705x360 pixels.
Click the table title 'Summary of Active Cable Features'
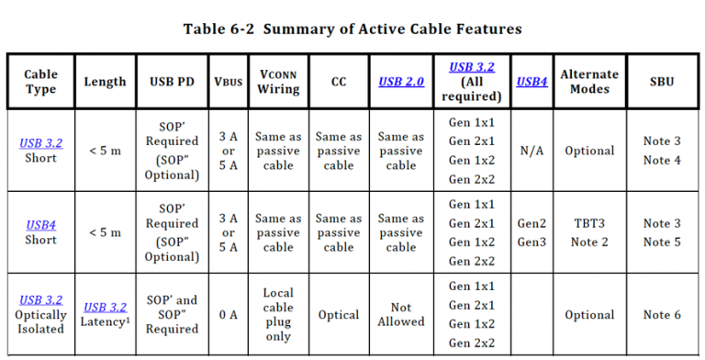[x=390, y=28]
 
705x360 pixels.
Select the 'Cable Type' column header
[x=40, y=81]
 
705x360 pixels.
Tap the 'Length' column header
[x=105, y=81]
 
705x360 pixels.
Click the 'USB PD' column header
[x=171, y=81]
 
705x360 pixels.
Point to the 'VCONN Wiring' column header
[x=278, y=81]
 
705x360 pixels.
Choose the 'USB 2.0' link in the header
[x=401, y=81]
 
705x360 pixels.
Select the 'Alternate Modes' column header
[x=589, y=81]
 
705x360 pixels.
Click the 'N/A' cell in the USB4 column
[x=532, y=151]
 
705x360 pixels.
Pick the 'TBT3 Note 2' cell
[x=589, y=232]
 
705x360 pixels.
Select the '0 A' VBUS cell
[x=229, y=314]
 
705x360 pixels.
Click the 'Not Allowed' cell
[x=401, y=314]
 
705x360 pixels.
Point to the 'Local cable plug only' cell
[x=278, y=314]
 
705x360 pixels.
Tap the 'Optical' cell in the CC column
[x=339, y=314]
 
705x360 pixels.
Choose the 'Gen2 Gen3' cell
[x=532, y=232]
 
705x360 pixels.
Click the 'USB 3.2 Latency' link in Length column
[x=105, y=308]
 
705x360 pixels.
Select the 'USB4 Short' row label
[x=40, y=231]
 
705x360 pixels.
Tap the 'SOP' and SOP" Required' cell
[x=171, y=314]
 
